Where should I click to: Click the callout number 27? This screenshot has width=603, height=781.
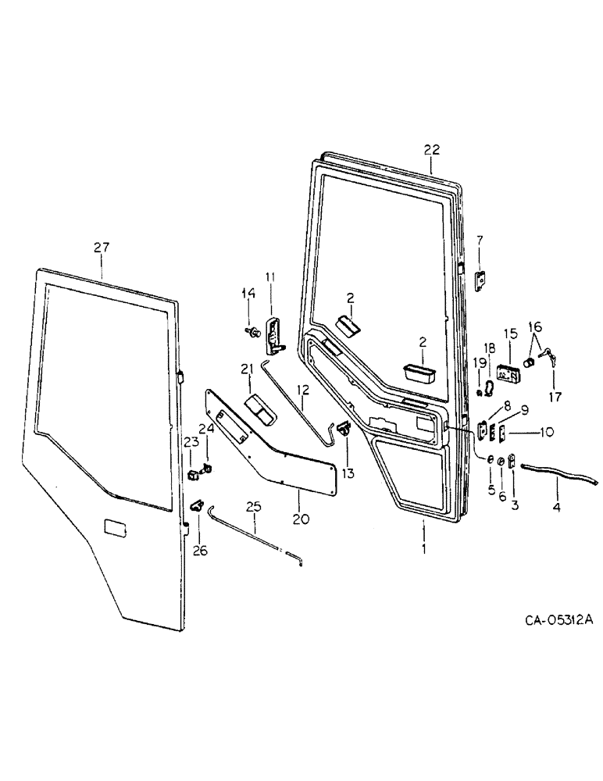(x=102, y=248)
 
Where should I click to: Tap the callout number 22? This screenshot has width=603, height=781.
(x=432, y=149)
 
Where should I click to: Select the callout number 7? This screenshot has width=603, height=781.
(x=480, y=239)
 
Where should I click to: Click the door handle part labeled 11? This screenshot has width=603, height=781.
(x=271, y=335)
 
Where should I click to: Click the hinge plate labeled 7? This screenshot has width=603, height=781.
(x=480, y=277)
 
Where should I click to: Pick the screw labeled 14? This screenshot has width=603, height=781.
(x=252, y=333)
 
